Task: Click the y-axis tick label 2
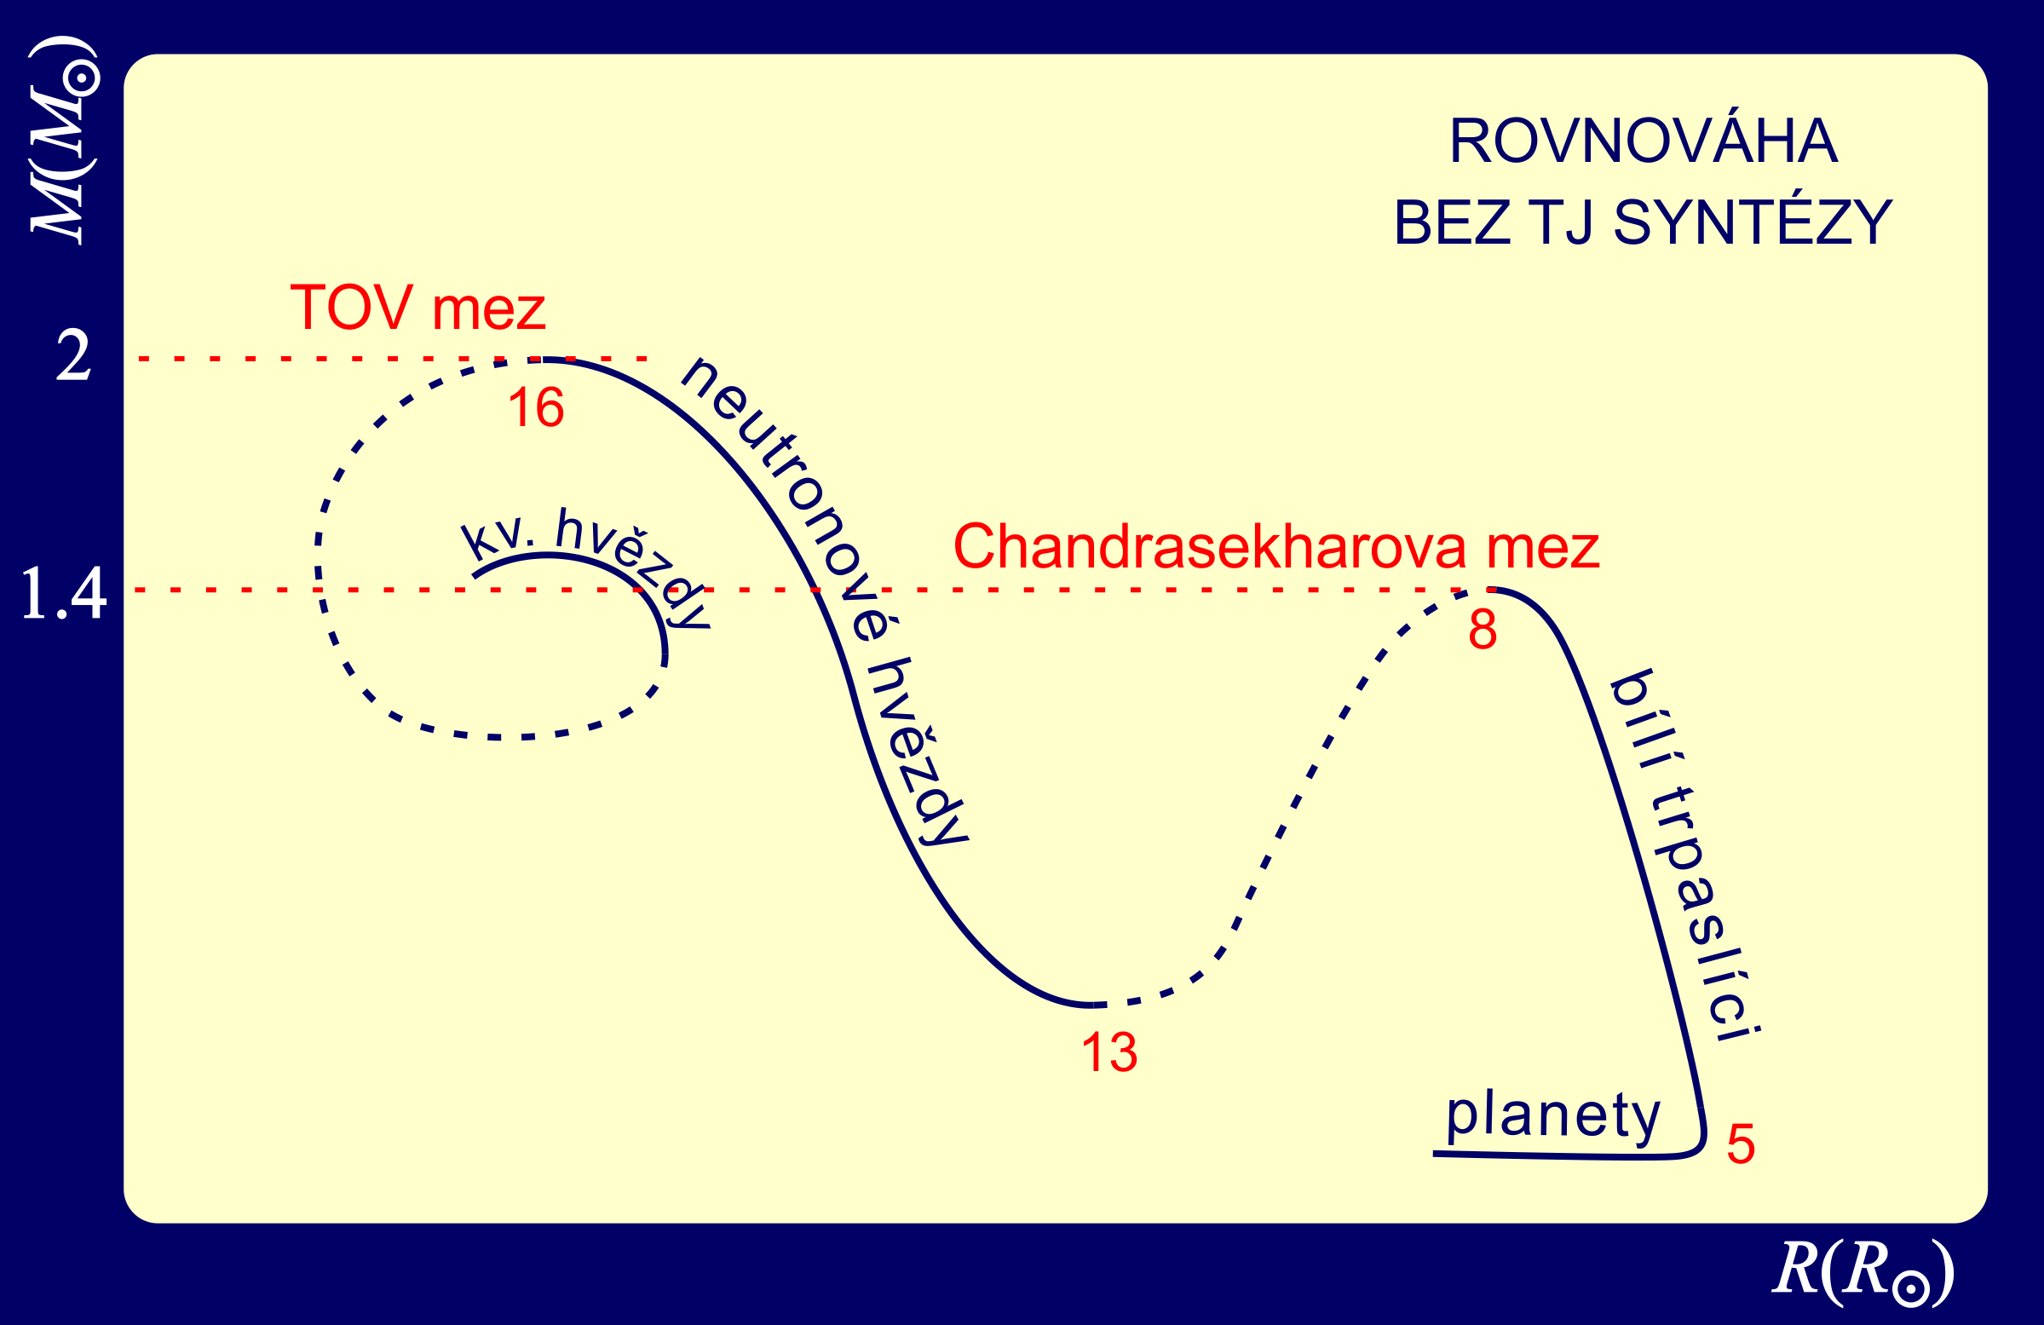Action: pos(73,357)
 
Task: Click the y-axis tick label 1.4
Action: pos(64,592)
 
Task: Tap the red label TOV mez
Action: pos(418,308)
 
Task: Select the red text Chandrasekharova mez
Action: pos(1276,546)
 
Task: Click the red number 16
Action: pos(536,407)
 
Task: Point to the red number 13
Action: pos(1109,1052)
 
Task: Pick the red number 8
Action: pos(1483,630)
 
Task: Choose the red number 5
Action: pos(1741,1144)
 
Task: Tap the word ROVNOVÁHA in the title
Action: pos(1643,141)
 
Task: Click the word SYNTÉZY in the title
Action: pos(1753,222)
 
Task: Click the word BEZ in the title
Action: pos(1452,222)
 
